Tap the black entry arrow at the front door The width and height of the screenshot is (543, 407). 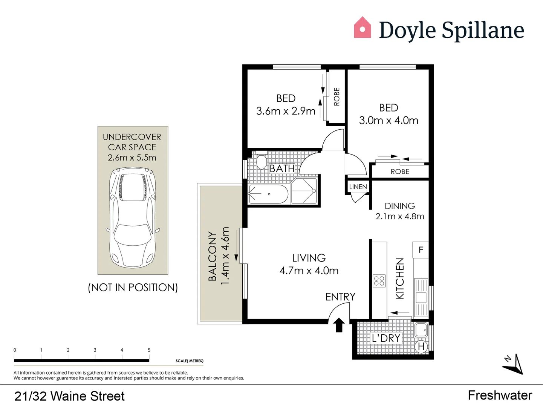339,324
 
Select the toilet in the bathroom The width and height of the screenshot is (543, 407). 261,162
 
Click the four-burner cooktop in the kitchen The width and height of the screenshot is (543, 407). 379,281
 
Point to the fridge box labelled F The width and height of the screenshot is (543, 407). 421,250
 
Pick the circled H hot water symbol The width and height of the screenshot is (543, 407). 421,346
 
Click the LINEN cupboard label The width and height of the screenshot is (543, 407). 358,187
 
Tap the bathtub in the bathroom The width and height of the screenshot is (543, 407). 268,194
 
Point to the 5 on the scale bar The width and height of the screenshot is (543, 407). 149,350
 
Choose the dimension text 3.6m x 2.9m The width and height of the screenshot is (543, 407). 286,111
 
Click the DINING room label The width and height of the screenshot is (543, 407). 399,206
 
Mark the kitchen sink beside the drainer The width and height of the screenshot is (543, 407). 421,297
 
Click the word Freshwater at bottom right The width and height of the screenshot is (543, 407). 500,395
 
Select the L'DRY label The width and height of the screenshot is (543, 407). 386,338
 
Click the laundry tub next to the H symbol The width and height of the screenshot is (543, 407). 421,330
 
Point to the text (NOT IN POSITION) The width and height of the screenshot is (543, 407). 133,288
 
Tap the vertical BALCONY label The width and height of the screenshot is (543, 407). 213,256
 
